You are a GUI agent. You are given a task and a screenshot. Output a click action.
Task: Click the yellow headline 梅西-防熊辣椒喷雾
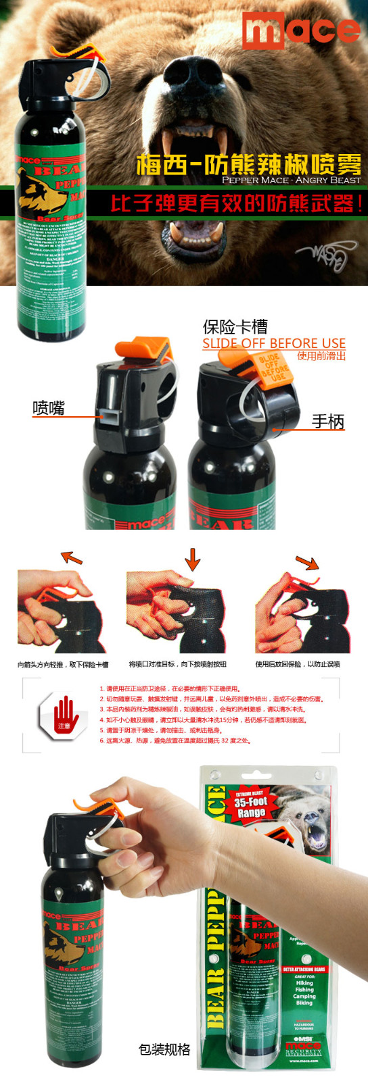(x=249, y=164)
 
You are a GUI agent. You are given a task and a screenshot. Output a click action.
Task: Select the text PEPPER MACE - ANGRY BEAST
(x=291, y=180)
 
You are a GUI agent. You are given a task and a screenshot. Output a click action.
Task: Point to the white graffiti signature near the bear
(x=324, y=255)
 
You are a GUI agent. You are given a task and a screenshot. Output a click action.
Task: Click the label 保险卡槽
(x=235, y=327)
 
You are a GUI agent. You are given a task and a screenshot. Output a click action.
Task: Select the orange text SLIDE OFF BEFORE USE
(x=273, y=343)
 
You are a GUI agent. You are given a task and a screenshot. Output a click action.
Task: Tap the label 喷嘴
(x=49, y=407)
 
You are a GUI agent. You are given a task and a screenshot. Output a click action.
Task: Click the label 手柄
(x=327, y=421)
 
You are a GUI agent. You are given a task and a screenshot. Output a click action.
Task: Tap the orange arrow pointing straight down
(x=193, y=559)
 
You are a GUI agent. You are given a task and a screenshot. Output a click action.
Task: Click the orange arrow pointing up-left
(x=71, y=557)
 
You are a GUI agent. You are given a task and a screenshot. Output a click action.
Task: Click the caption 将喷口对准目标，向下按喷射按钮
(x=177, y=664)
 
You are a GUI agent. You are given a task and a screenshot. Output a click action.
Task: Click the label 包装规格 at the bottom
(x=164, y=1049)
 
